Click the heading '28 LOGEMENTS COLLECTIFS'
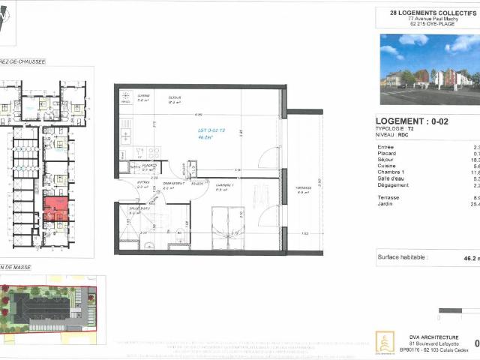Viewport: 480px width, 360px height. coord(426,12)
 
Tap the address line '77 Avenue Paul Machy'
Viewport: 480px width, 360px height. coord(426,18)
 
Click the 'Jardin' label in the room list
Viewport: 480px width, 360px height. coord(386,204)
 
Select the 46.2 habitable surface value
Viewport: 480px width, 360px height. coord(471,258)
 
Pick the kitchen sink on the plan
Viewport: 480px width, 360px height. coord(124,138)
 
